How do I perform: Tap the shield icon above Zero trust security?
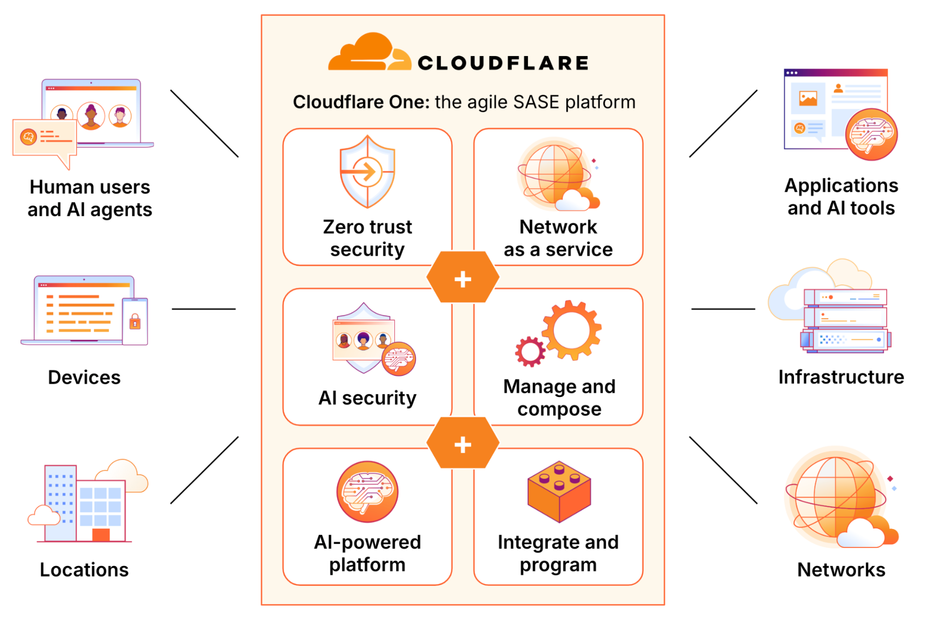click(367, 172)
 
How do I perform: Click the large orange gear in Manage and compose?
click(572, 330)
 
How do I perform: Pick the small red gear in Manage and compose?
click(530, 352)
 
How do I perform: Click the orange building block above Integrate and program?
click(559, 491)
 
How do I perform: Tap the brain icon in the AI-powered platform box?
click(367, 491)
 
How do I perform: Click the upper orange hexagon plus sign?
click(463, 279)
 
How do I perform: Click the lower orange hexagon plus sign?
click(463, 445)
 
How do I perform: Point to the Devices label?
click(84, 378)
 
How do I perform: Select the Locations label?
click(84, 570)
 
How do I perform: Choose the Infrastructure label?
click(841, 377)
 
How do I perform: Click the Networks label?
click(841, 570)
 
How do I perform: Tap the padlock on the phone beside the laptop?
click(135, 321)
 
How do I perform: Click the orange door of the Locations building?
click(101, 535)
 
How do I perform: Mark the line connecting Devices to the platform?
click(204, 309)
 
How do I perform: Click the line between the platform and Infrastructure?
click(723, 309)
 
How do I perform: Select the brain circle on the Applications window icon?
click(871, 134)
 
